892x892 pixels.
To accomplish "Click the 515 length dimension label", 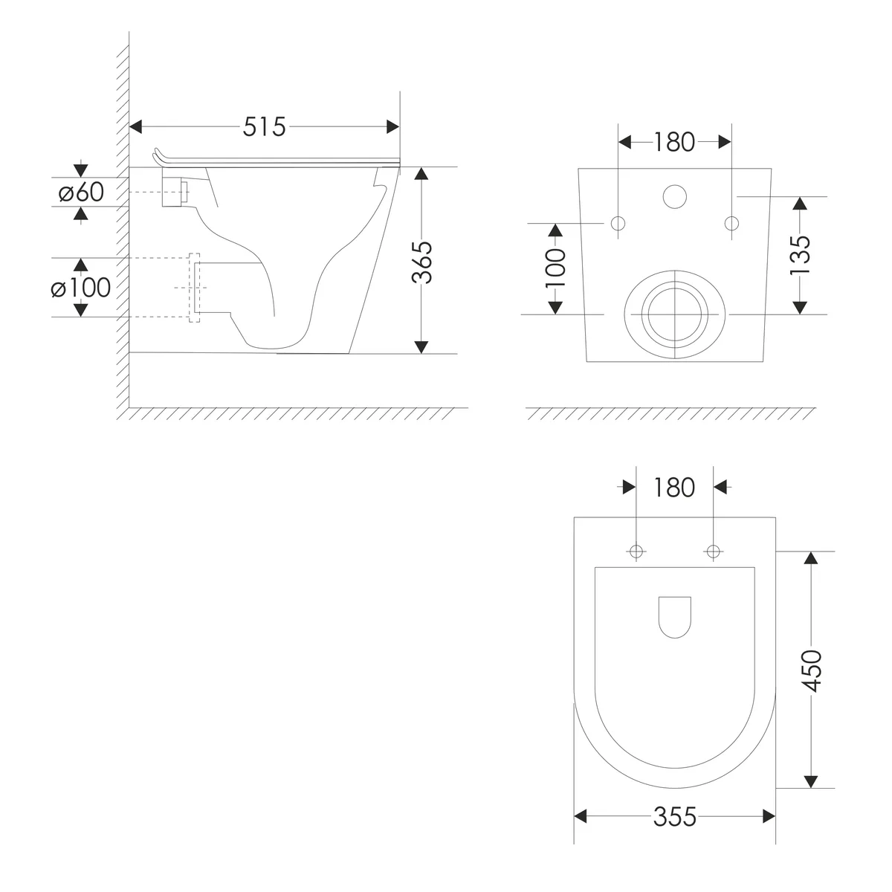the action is point(265,127).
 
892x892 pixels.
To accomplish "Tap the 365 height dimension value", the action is point(421,262).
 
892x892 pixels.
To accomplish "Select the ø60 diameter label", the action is point(81,192).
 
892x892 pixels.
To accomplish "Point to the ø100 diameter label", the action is point(80,288).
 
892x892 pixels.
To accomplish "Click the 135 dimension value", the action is point(800,255).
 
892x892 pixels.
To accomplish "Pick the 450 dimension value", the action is point(811,670).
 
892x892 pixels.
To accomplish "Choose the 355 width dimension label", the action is point(674,816).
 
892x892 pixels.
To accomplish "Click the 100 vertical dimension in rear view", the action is point(555,268).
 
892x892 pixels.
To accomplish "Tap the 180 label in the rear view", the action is point(674,142).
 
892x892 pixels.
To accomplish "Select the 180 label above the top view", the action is point(674,488).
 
